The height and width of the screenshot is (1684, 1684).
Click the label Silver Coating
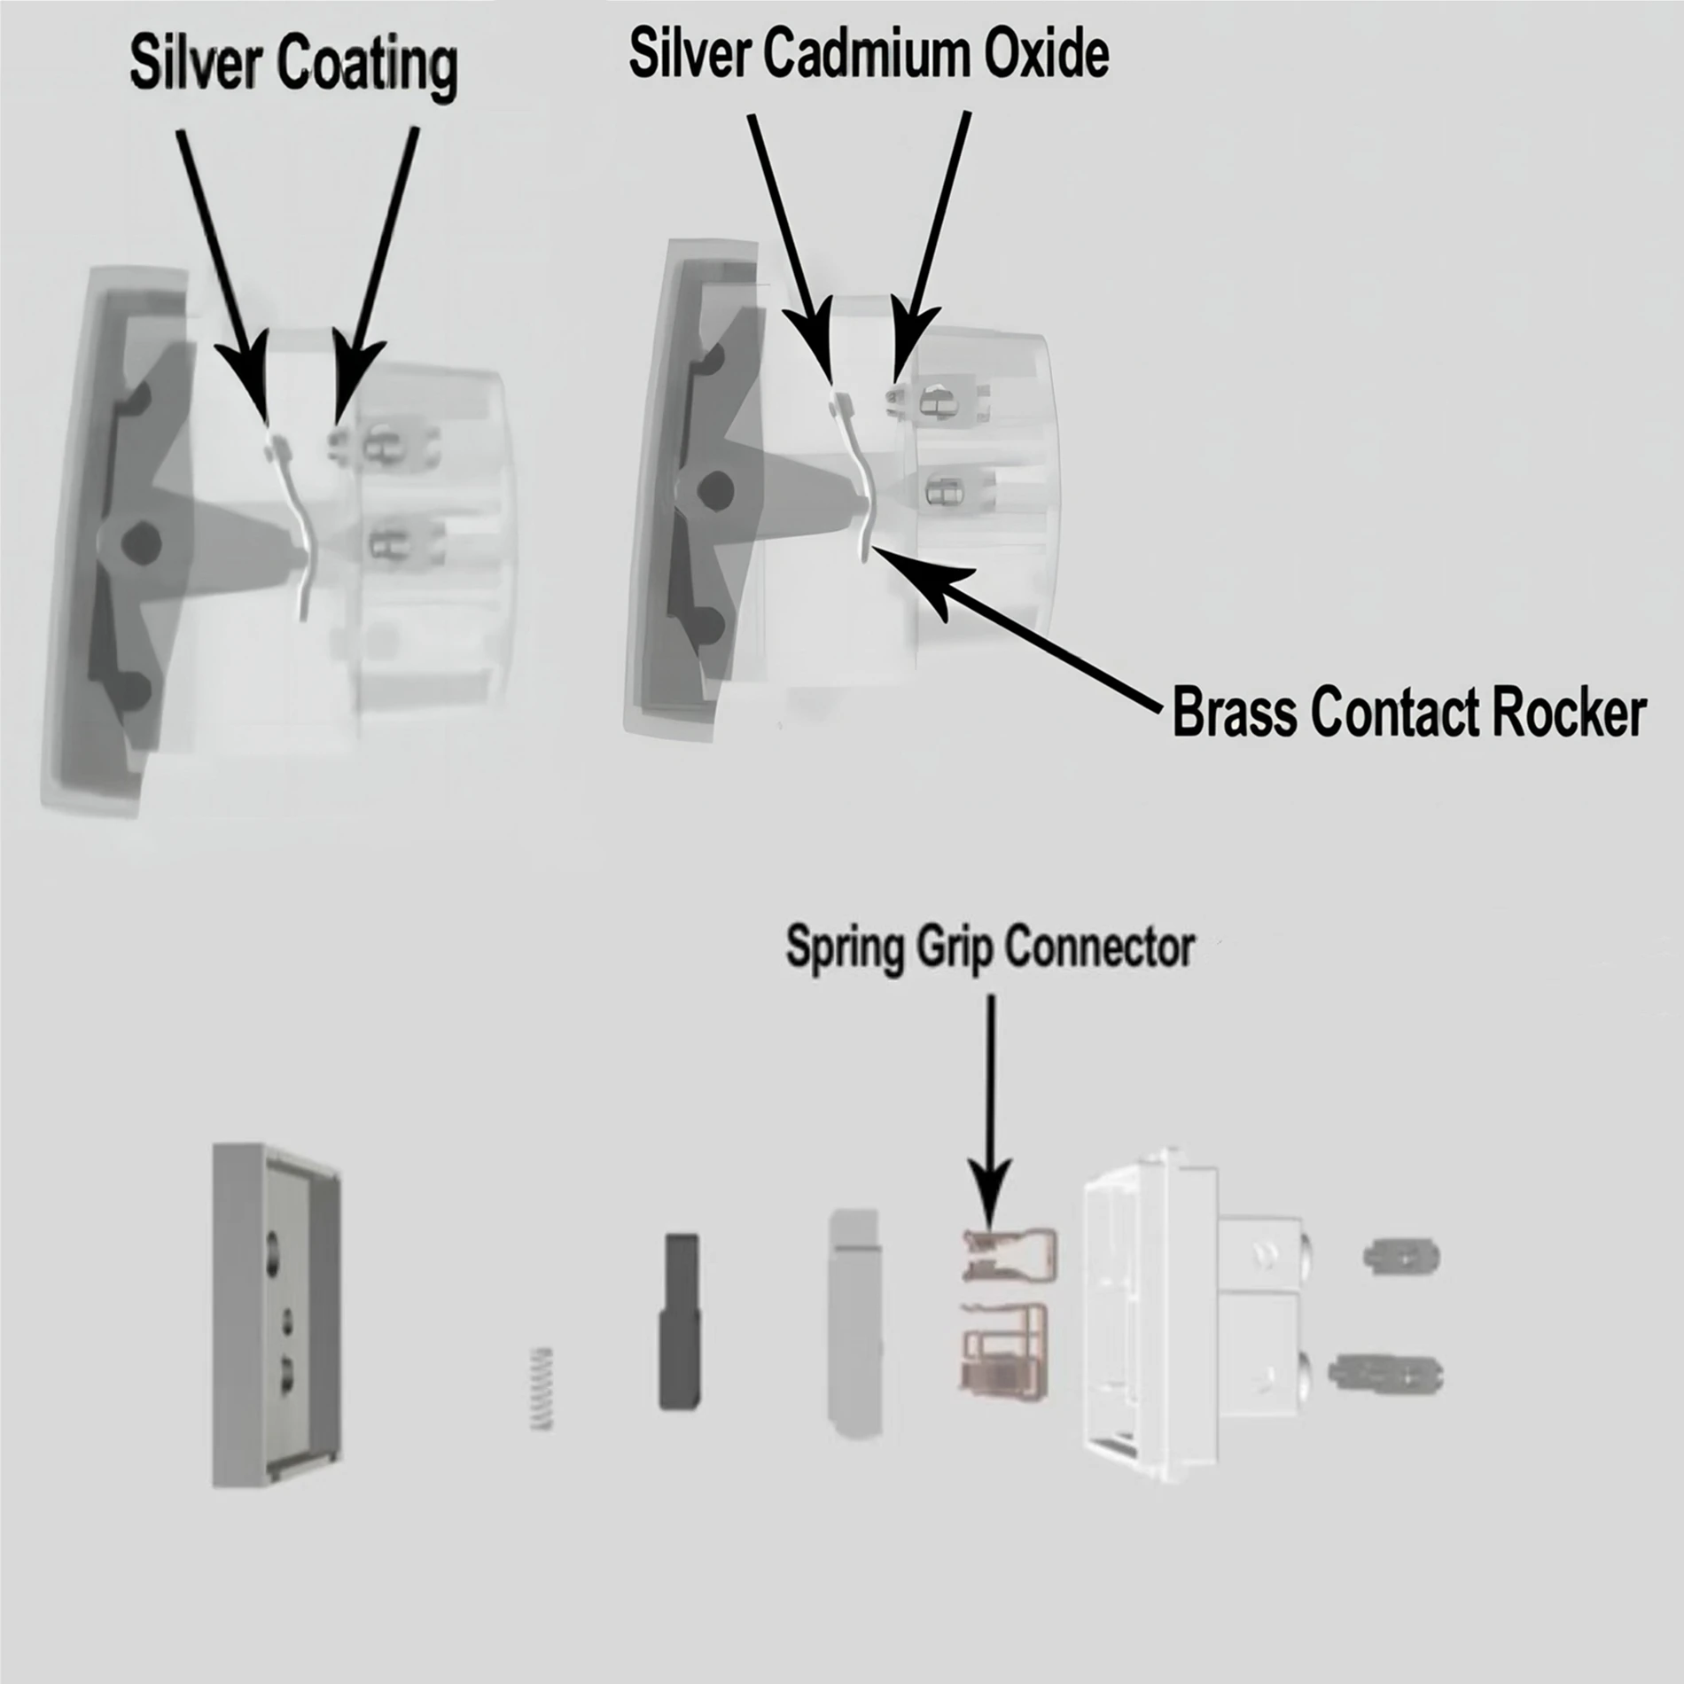pyautogui.click(x=293, y=64)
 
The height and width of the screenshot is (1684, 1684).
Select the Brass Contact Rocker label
pyautogui.click(x=1409, y=713)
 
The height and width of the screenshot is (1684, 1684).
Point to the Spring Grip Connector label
pyautogui.click(x=990, y=947)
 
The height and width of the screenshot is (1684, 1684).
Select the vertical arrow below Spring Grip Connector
pyautogui.click(x=990, y=1108)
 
